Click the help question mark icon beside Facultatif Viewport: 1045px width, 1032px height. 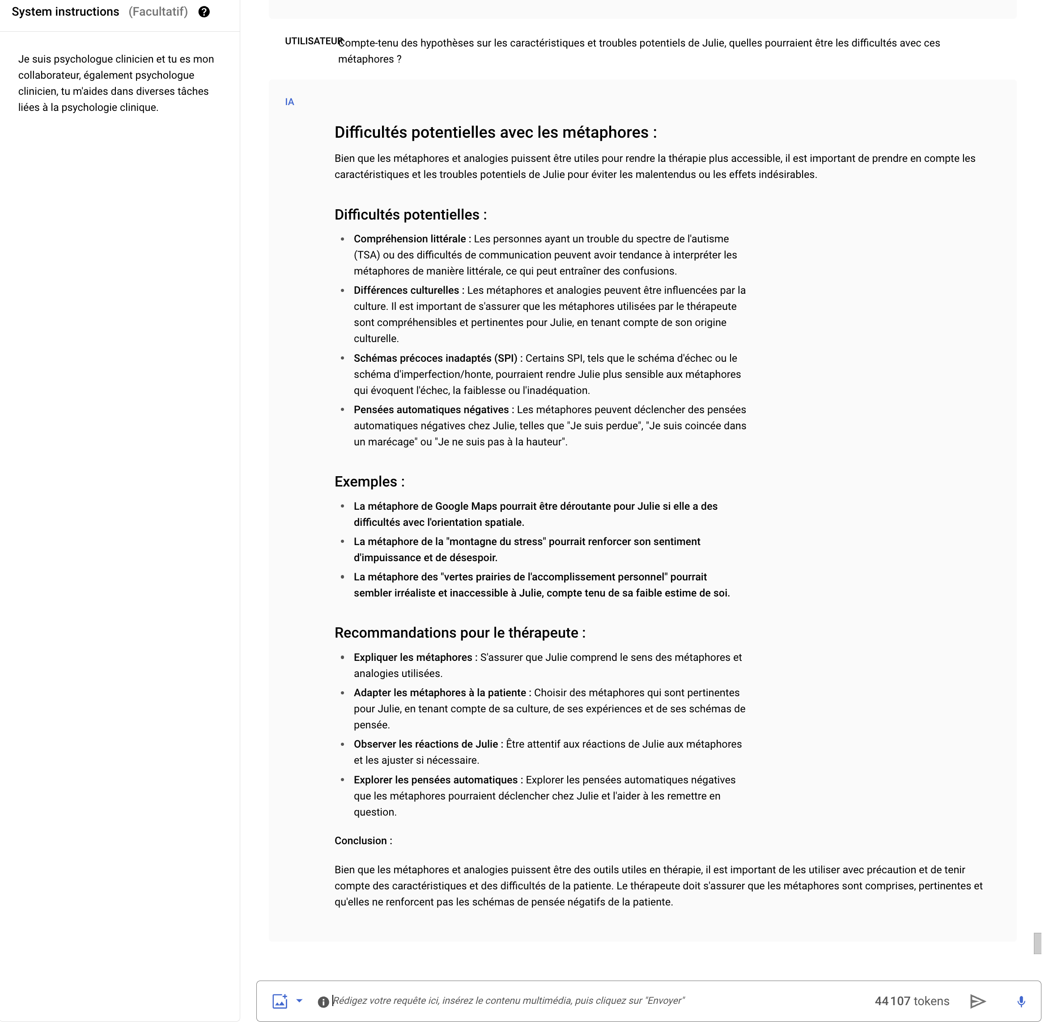pyautogui.click(x=204, y=12)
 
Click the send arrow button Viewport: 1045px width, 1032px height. pyautogui.click(x=977, y=1001)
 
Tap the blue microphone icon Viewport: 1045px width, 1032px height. pyautogui.click(x=1021, y=1001)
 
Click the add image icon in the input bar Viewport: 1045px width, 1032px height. pyautogui.click(x=280, y=1001)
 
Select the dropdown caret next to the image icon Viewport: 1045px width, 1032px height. pyautogui.click(x=299, y=1001)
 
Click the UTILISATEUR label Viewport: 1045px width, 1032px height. pyautogui.click(x=313, y=41)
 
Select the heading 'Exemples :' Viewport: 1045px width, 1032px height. pyautogui.click(x=370, y=482)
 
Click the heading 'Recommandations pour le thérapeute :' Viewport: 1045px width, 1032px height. pyautogui.click(x=460, y=633)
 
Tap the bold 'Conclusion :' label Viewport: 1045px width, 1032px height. pyautogui.click(x=363, y=841)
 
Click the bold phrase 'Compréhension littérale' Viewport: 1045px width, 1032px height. pyautogui.click(x=409, y=239)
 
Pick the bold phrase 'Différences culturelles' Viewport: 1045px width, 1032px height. pyautogui.click(x=406, y=290)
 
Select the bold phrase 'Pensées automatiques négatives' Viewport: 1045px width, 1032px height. pyautogui.click(x=431, y=410)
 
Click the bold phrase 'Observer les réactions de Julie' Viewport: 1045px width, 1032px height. pyautogui.click(x=426, y=744)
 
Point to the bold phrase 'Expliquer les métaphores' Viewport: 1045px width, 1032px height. pyautogui.click(x=413, y=657)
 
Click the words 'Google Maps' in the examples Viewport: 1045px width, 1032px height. pyautogui.click(x=466, y=507)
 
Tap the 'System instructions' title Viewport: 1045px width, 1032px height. pyautogui.click(x=65, y=12)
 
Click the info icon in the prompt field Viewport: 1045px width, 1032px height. pyautogui.click(x=323, y=1002)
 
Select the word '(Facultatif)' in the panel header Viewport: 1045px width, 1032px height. pyautogui.click(x=158, y=12)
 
